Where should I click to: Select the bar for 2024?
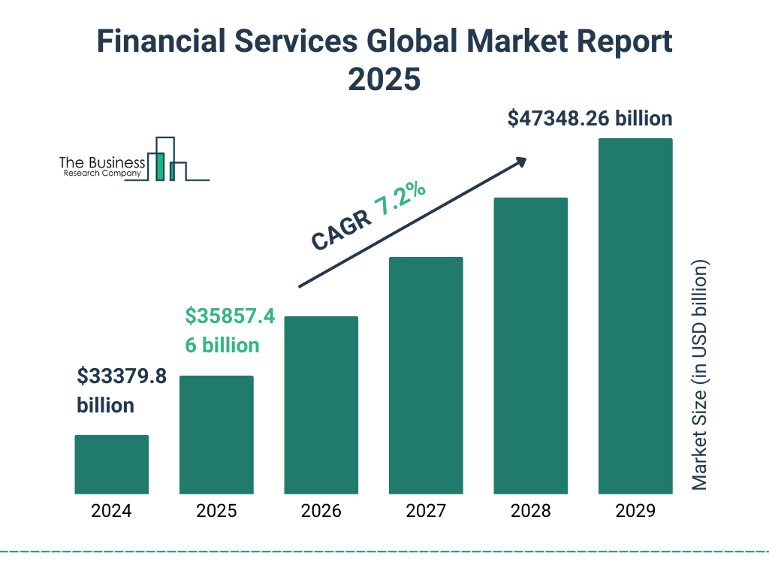pos(111,464)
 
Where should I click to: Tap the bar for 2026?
pos(321,405)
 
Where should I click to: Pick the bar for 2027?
pos(426,376)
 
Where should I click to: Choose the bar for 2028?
pos(530,346)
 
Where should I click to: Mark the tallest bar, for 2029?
pos(635,316)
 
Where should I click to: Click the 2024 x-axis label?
pos(111,512)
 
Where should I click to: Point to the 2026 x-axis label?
pos(321,512)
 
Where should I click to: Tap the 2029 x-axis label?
pos(635,512)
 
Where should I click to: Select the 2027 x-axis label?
pos(426,512)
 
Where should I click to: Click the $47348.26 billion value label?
pos(590,119)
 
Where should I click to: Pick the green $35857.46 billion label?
pos(229,331)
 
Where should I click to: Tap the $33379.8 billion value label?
pos(122,390)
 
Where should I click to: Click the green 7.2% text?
pos(400,200)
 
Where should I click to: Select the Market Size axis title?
pos(700,376)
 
